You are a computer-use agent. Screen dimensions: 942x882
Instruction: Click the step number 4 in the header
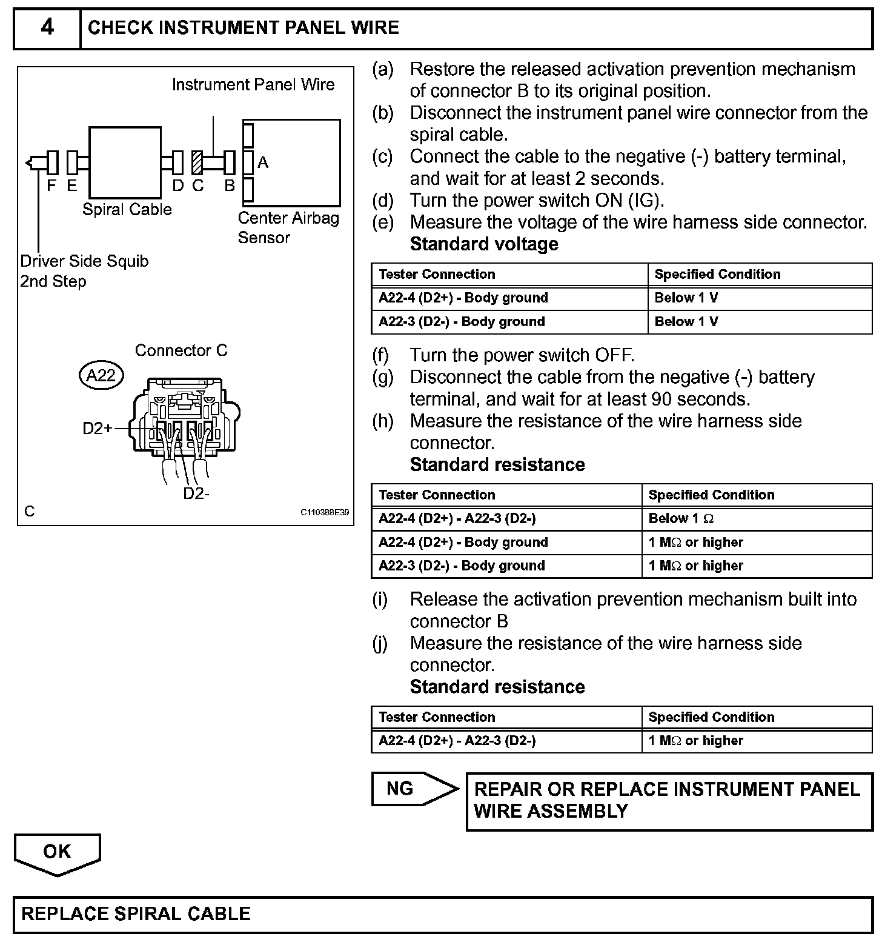coord(47,28)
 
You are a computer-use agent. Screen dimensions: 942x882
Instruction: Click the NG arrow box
coord(412,789)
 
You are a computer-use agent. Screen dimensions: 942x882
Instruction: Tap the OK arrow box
coord(57,852)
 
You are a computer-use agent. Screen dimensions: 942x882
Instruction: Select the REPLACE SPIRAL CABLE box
coord(442,914)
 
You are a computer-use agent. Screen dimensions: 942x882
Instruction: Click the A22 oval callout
coord(101,376)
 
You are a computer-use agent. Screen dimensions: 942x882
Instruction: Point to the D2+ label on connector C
coord(98,429)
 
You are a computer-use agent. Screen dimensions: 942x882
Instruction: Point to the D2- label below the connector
coord(196,493)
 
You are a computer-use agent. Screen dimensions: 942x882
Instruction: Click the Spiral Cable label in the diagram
coord(127,210)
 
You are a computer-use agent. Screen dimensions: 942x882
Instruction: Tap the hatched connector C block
coord(197,162)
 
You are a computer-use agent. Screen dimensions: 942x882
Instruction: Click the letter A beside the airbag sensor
coord(263,162)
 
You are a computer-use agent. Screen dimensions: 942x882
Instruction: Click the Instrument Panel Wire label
coord(253,85)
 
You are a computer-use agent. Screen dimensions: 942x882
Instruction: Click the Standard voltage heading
coord(484,244)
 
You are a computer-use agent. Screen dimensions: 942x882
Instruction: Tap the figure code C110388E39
coord(325,512)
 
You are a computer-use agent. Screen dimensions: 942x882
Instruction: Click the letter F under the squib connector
coord(51,186)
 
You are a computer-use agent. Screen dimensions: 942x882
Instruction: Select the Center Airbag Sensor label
coord(288,227)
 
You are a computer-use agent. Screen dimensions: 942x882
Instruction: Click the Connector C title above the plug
coord(181,350)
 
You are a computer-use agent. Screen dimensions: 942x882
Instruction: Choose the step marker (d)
coord(383,201)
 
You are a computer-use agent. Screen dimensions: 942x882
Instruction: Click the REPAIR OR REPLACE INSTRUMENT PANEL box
coord(669,800)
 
